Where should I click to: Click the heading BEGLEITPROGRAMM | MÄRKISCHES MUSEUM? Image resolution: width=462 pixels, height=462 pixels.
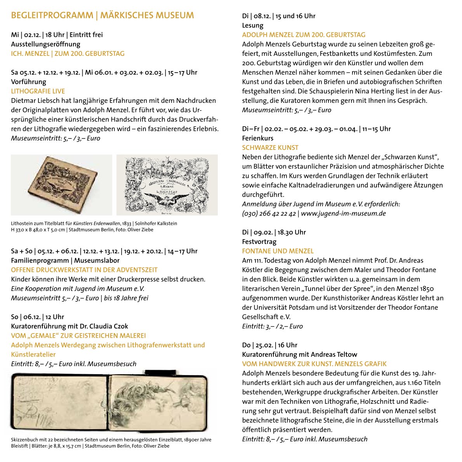point(102,16)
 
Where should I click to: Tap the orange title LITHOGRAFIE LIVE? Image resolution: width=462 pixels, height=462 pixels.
point(38,91)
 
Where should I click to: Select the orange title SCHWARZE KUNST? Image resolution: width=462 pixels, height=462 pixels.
point(270,148)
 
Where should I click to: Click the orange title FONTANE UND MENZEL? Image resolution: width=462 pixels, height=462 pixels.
point(278,251)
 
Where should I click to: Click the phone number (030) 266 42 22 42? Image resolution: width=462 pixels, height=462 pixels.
point(269,214)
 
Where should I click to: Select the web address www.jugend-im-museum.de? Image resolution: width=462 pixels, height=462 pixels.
point(344,214)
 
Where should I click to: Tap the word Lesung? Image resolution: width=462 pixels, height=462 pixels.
point(252,25)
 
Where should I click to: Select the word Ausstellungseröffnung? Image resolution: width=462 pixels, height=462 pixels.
point(45,44)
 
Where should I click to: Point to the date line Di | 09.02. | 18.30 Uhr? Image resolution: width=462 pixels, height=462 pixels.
point(274,232)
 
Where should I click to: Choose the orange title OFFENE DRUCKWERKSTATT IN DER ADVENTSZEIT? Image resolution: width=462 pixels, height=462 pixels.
point(84,270)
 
